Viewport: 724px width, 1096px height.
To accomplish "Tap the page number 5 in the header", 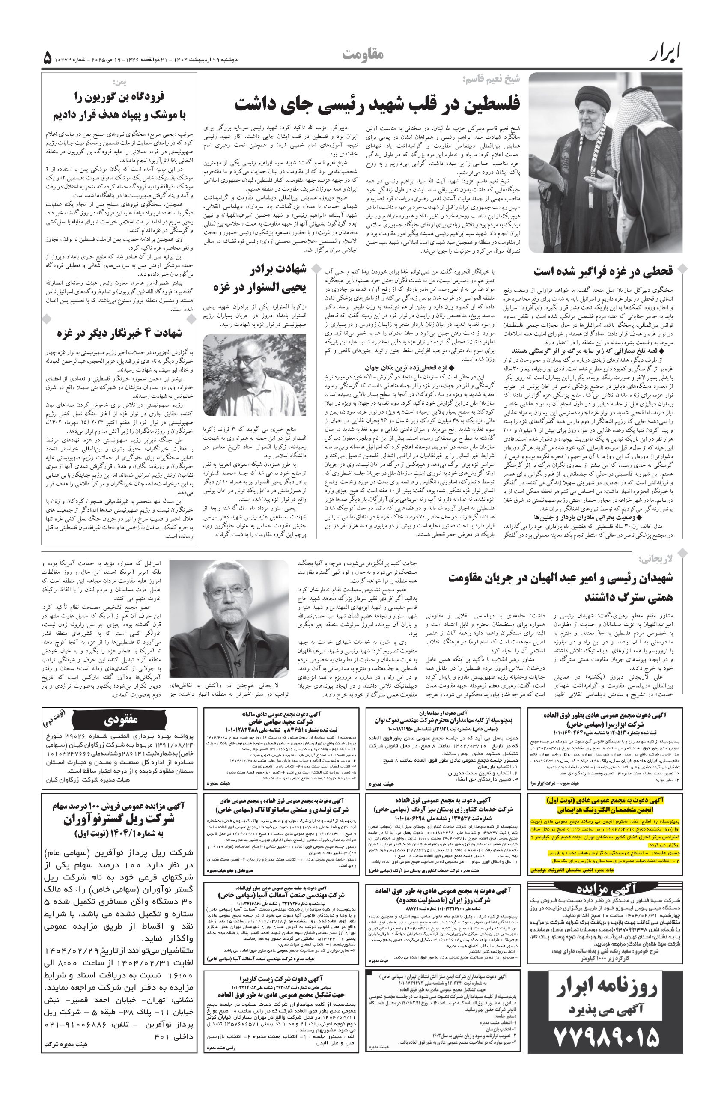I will click(48, 59).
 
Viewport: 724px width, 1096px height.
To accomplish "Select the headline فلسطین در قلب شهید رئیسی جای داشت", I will click(377, 104).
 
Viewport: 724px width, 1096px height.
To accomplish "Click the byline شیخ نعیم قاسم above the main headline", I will click(491, 79).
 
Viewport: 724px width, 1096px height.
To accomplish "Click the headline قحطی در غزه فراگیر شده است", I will click(602, 271).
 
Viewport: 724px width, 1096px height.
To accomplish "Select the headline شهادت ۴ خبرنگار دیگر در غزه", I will click(119, 332).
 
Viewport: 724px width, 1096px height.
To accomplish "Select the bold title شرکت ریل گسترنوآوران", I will click(122, 819).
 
